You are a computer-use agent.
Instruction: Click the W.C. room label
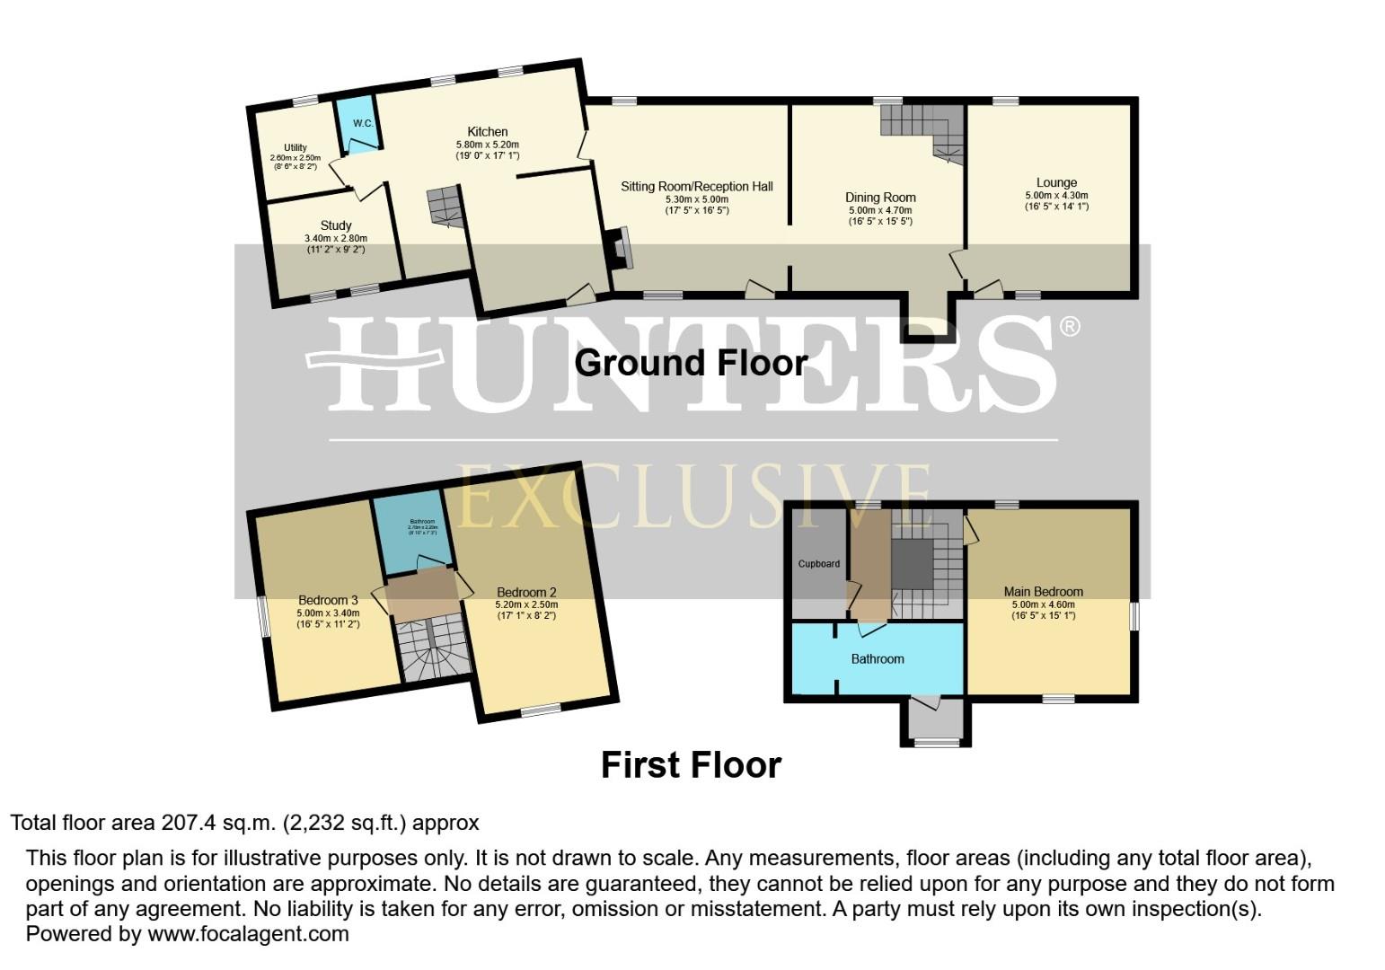click(x=362, y=123)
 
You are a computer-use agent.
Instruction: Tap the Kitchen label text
click(x=488, y=132)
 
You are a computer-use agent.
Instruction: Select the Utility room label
click(x=296, y=147)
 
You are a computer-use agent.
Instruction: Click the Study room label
click(x=336, y=225)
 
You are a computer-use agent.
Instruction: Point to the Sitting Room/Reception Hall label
click(x=697, y=187)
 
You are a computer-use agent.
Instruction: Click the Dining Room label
click(x=880, y=198)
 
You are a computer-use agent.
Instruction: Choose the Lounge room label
click(x=1056, y=182)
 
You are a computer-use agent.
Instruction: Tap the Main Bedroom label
click(x=1043, y=592)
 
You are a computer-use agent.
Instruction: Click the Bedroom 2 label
click(x=526, y=593)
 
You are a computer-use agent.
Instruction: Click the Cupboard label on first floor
click(x=819, y=564)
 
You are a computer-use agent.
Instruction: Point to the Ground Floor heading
click(x=691, y=363)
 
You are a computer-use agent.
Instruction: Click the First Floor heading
click(x=691, y=765)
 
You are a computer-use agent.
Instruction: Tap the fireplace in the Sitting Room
click(x=619, y=248)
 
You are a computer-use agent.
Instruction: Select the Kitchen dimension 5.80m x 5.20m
click(x=488, y=145)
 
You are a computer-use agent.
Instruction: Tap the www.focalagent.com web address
click(x=248, y=934)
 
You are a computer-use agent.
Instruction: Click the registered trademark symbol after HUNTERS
click(x=1070, y=326)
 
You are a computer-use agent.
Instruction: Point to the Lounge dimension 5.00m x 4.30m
click(x=1056, y=195)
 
